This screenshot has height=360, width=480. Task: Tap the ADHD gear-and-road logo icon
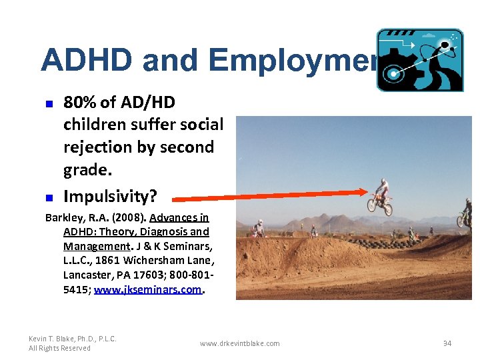tap(419, 60)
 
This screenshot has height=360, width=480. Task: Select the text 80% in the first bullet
tap(79, 103)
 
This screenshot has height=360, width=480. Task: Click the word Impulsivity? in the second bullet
tap(109, 196)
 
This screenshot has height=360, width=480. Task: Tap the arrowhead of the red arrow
tap(364, 192)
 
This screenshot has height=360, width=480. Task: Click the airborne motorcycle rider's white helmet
tap(383, 181)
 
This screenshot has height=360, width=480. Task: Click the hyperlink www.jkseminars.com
tap(147, 289)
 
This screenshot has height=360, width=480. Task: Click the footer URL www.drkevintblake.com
tap(240, 343)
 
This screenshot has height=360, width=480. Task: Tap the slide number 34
tap(447, 343)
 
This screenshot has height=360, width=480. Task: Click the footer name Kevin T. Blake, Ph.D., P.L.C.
tap(73, 339)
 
